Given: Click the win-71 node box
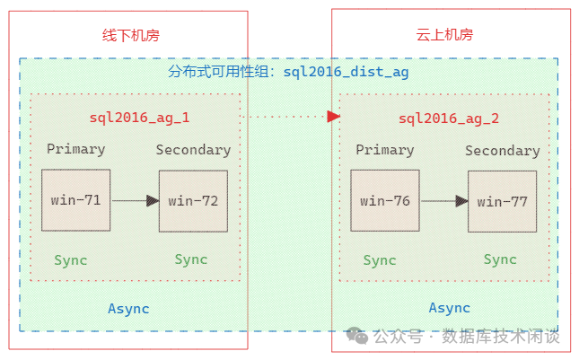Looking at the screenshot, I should click(75, 200).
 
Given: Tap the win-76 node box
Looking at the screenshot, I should click(385, 201).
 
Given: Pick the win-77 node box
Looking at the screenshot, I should click(502, 201).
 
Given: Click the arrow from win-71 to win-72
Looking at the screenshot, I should click(135, 201).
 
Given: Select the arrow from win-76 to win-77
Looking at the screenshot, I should click(444, 201).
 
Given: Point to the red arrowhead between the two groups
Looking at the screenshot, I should click(333, 116).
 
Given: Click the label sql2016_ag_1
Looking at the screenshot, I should click(139, 117).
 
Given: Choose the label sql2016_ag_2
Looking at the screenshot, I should click(449, 118).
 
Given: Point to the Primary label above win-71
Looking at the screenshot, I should click(75, 149).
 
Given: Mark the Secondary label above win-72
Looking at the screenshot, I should click(193, 150).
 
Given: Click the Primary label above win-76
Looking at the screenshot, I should click(385, 150).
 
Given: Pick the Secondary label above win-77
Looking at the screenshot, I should click(502, 151).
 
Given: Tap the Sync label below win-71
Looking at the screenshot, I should click(71, 260).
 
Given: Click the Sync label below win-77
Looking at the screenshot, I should click(500, 259).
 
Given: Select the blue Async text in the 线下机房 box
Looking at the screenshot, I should click(128, 309).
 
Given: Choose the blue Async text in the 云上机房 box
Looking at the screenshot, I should click(449, 308).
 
